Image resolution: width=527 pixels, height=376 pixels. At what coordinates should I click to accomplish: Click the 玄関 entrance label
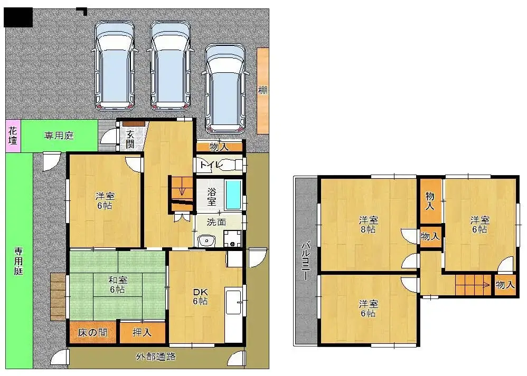click(x=130, y=139)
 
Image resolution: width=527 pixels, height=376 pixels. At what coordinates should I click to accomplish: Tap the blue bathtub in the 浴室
click(x=233, y=195)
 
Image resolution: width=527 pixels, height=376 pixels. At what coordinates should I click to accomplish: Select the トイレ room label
click(x=211, y=165)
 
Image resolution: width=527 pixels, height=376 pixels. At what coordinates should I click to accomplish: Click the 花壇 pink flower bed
click(x=13, y=136)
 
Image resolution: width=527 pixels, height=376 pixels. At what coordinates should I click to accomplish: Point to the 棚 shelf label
click(x=263, y=90)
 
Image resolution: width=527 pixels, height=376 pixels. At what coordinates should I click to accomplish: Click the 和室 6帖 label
click(x=117, y=284)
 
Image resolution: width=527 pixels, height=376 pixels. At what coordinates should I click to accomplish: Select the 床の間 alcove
click(x=93, y=333)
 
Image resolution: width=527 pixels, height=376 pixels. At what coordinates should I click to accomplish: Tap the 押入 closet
click(x=143, y=333)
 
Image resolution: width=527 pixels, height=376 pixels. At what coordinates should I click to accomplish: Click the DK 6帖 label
click(x=200, y=296)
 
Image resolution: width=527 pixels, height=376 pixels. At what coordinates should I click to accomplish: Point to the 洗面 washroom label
click(x=216, y=222)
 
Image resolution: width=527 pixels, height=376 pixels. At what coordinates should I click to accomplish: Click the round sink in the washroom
click(x=206, y=240)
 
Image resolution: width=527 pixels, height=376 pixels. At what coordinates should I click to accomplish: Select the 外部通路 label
click(x=156, y=356)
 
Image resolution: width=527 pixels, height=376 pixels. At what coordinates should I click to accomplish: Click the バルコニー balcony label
click(x=305, y=261)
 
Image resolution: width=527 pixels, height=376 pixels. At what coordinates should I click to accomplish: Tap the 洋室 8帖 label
click(x=369, y=225)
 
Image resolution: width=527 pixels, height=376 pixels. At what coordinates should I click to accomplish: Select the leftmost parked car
click(x=115, y=65)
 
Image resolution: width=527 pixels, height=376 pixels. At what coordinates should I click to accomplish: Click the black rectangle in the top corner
click(x=18, y=17)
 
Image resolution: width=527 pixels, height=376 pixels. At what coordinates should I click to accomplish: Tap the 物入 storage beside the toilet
click(x=219, y=147)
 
